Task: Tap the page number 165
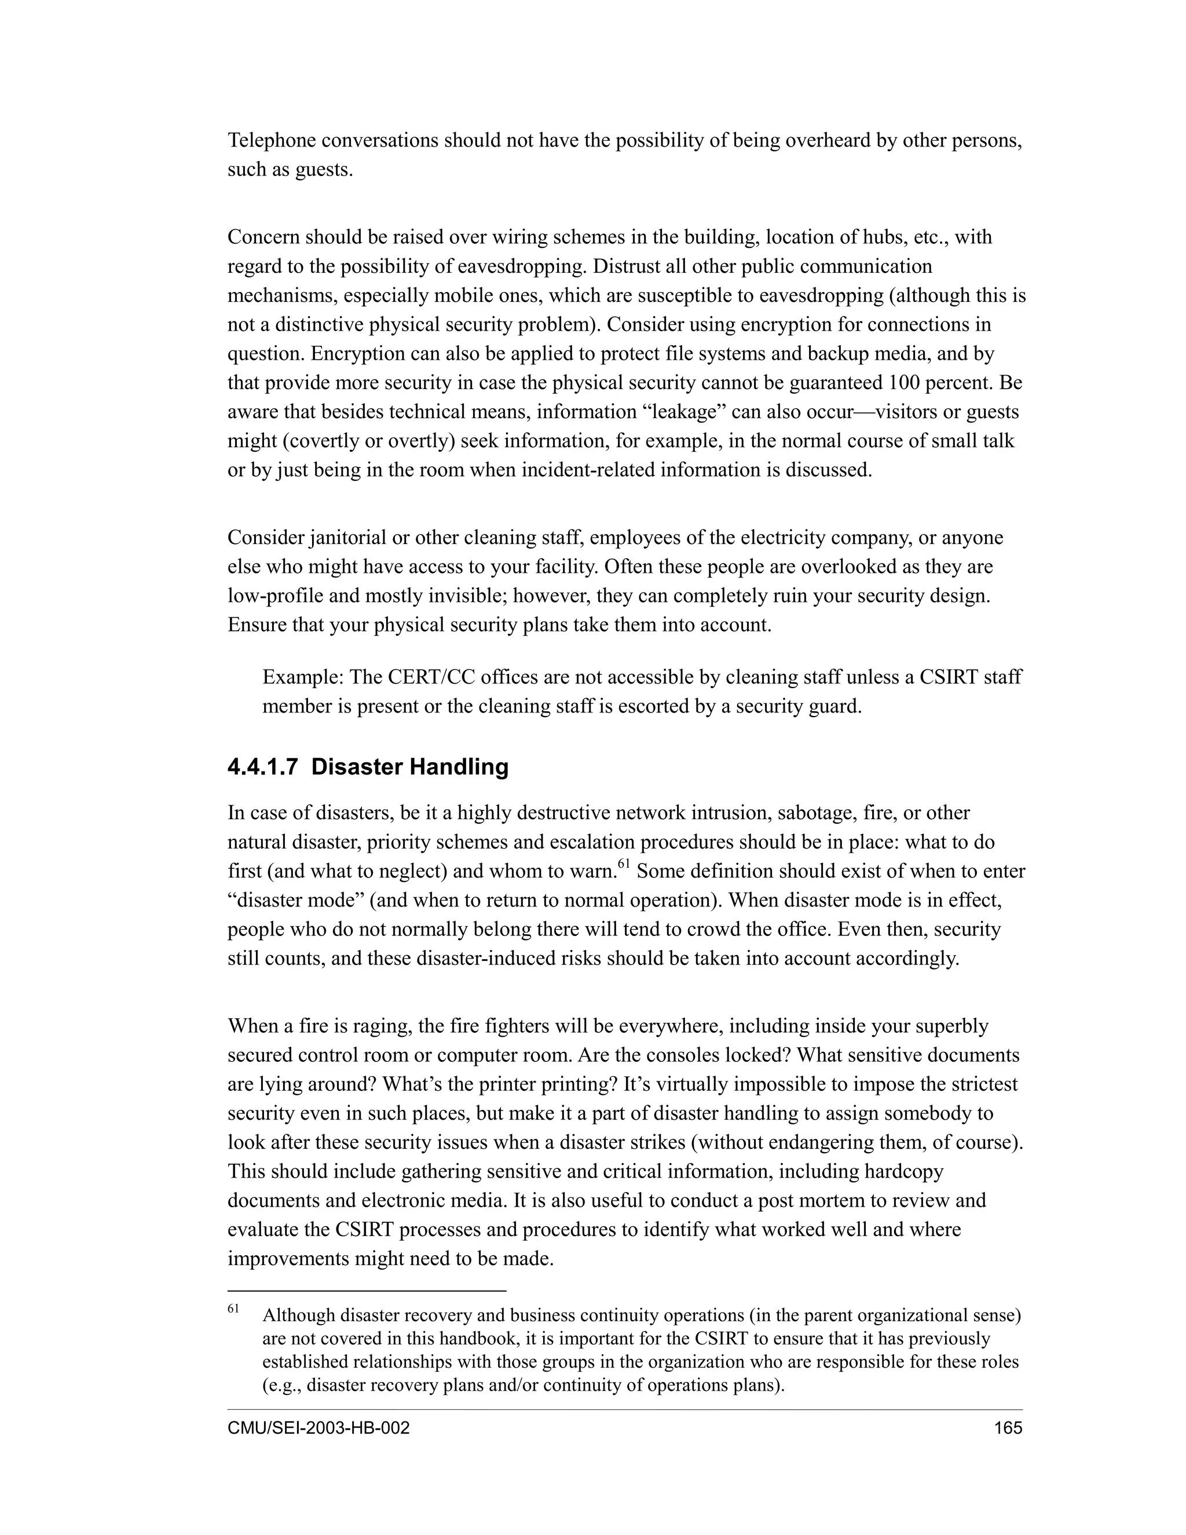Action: pyautogui.click(x=1008, y=1429)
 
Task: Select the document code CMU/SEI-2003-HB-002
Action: pyautogui.click(x=319, y=1429)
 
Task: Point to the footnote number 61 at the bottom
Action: pyautogui.click(x=233, y=1309)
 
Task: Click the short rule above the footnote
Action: pyautogui.click(x=366, y=1291)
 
